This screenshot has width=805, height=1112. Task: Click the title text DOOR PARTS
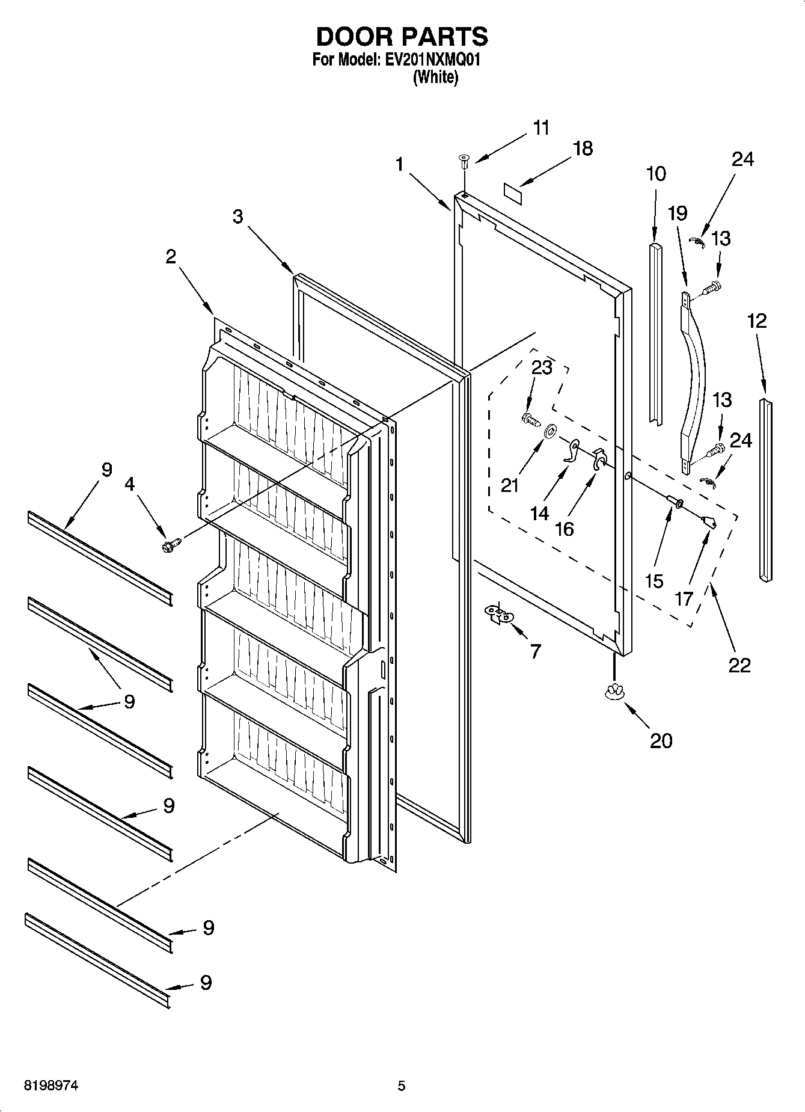[x=402, y=37]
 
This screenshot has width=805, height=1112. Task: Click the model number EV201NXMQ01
[x=431, y=60]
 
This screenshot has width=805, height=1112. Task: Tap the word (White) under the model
[x=435, y=78]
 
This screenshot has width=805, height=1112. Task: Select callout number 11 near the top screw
[x=541, y=128]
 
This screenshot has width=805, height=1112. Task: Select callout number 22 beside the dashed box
[x=739, y=665]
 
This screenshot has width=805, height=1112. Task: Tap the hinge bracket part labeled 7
[x=499, y=615]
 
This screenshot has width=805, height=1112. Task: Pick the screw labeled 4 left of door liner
[x=169, y=545]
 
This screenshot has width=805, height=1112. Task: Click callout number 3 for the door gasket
[x=238, y=217]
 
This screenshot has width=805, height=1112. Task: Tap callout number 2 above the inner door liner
[x=171, y=257]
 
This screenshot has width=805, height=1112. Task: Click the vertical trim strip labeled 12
[x=765, y=490]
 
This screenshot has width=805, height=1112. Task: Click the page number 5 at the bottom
[x=401, y=1086]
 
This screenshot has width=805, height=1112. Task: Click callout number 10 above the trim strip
[x=655, y=174]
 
